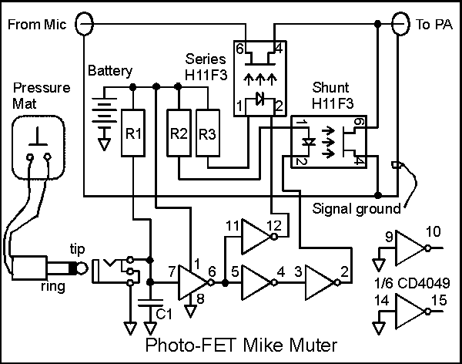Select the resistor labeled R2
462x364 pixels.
179,133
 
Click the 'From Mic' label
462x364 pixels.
36,25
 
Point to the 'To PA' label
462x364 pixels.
434,25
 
